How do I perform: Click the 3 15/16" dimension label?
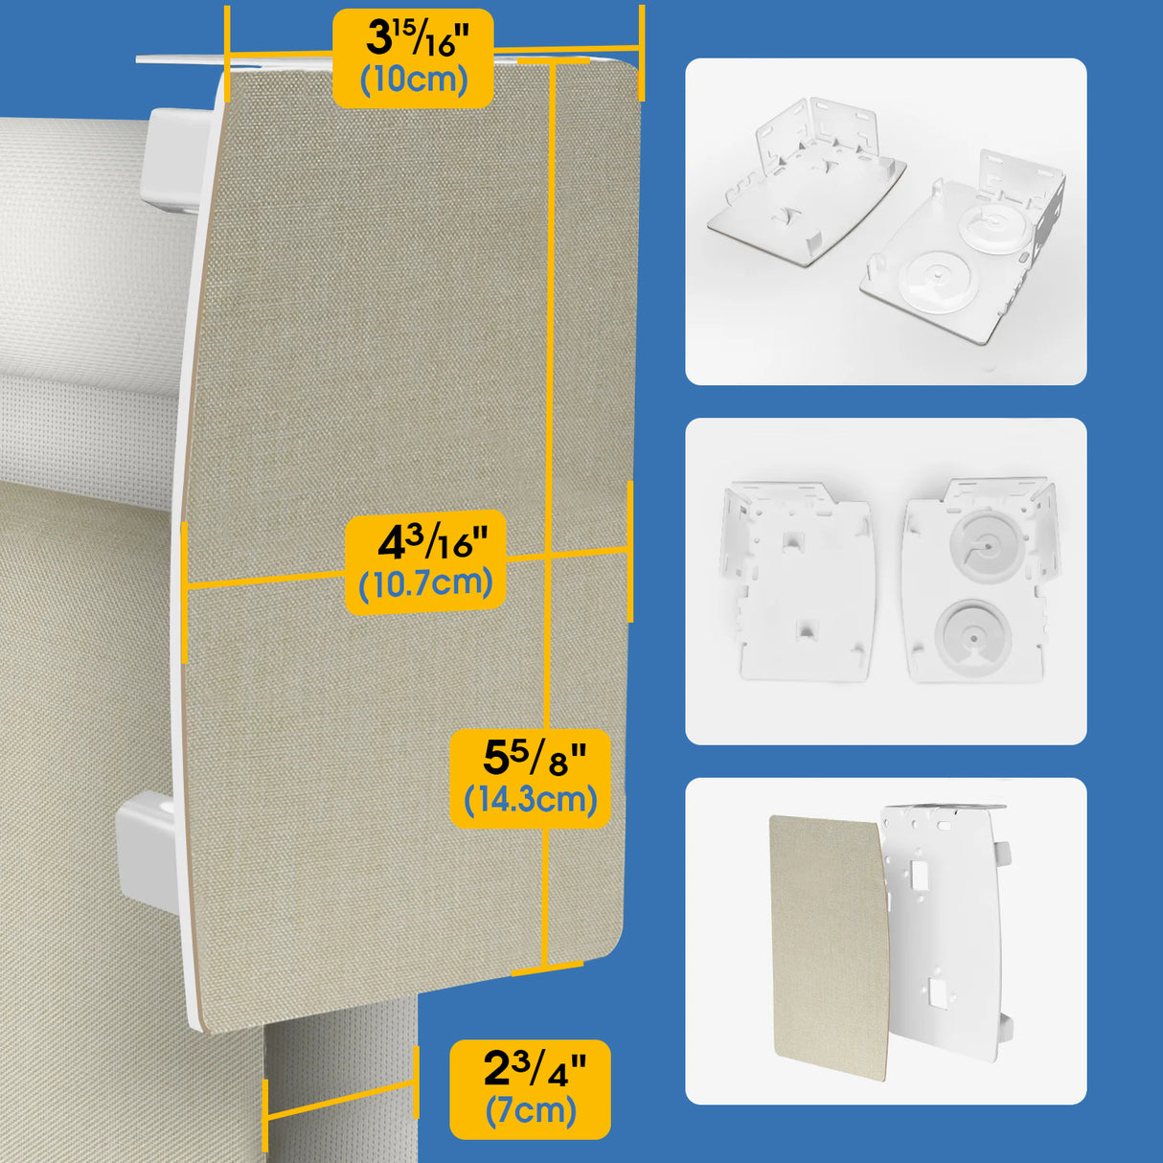point(414,39)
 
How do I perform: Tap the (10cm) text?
point(414,80)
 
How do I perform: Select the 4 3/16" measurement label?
point(425,543)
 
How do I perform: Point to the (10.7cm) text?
point(425,583)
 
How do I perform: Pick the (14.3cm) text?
point(531,799)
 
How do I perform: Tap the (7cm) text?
point(531,1110)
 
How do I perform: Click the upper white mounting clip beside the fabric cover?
point(177,158)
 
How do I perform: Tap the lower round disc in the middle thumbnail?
point(971,631)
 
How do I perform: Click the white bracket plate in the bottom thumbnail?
point(944,929)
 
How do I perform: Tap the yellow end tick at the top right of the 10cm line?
point(641,53)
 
